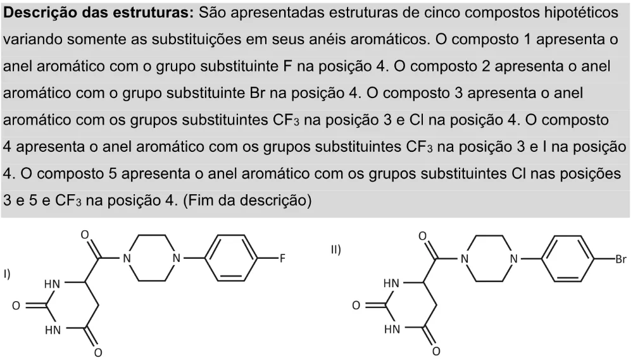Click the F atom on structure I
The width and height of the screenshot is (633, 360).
coord(282,258)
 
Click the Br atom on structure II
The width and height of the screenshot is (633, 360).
coord(621,259)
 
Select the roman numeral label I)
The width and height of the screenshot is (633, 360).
coord(7,274)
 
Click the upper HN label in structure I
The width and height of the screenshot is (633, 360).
coord(52,284)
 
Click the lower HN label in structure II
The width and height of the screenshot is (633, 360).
coord(392,330)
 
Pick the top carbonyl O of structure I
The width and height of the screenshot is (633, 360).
coord(85,235)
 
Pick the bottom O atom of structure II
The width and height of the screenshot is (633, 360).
coord(436,352)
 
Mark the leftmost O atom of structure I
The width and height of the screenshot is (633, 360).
coord(16,306)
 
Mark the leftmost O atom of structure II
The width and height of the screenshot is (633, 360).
coord(356,305)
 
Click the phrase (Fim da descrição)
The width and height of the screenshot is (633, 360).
coord(247,200)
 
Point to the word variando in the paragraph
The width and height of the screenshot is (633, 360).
coord(32,40)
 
